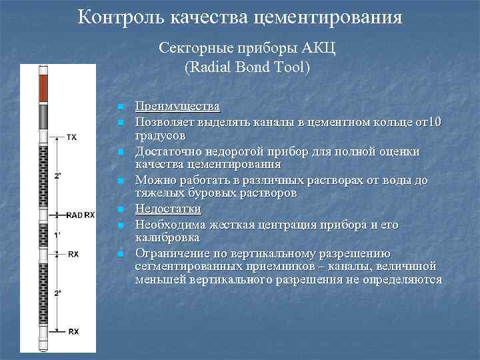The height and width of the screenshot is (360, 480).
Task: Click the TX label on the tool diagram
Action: (72, 138)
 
